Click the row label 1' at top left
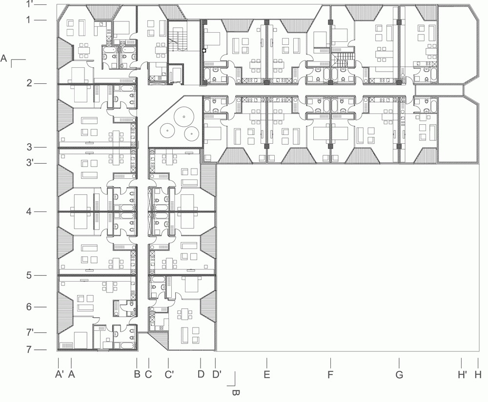[30, 4]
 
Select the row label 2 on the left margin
[29, 83]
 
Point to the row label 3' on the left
[30, 162]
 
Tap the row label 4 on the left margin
[29, 211]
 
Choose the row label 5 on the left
[29, 275]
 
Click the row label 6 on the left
[29, 307]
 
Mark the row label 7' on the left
[30, 332]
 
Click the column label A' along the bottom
[60, 374]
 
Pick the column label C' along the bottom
[169, 374]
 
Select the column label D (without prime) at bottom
[201, 374]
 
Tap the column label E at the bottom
[267, 375]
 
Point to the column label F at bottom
[330, 375]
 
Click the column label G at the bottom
[399, 375]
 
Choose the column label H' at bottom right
[462, 375]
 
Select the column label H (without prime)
[478, 375]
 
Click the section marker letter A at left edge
[4, 58]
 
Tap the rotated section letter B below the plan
[236, 393]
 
